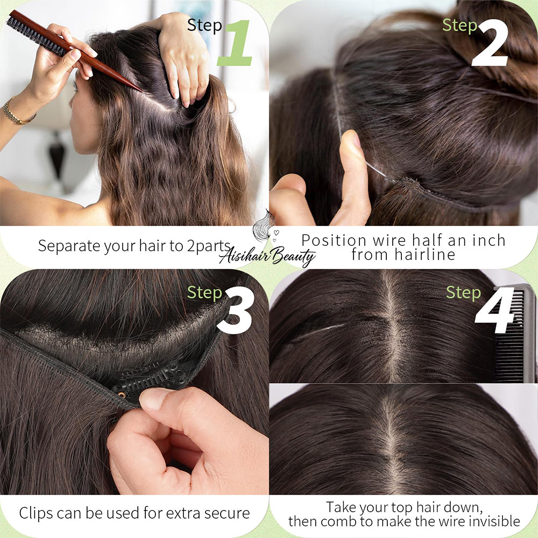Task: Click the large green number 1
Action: point(235,43)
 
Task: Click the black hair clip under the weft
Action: point(151,379)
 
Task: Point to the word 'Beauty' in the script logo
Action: point(294,256)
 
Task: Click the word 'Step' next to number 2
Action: point(459,26)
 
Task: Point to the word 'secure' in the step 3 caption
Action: point(227,514)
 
